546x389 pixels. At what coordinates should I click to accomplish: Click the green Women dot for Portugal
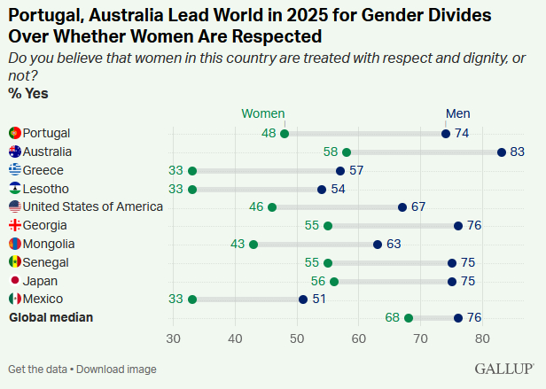(285, 134)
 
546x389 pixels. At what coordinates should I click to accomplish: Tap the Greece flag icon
(14, 170)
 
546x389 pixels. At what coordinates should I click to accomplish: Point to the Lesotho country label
(45, 189)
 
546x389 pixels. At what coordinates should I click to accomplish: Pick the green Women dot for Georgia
(328, 226)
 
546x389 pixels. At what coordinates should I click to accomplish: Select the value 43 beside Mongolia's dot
(238, 244)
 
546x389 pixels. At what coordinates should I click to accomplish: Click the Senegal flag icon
(14, 262)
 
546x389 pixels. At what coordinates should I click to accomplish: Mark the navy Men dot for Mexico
(303, 300)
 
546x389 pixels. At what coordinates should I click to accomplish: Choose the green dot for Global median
(409, 318)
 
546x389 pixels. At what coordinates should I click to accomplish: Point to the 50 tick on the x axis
(297, 338)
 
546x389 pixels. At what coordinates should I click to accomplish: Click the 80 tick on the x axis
(482, 338)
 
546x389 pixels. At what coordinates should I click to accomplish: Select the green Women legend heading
(263, 113)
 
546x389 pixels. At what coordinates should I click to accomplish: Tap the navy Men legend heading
(457, 113)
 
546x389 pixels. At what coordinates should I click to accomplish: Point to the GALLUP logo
(504, 368)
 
